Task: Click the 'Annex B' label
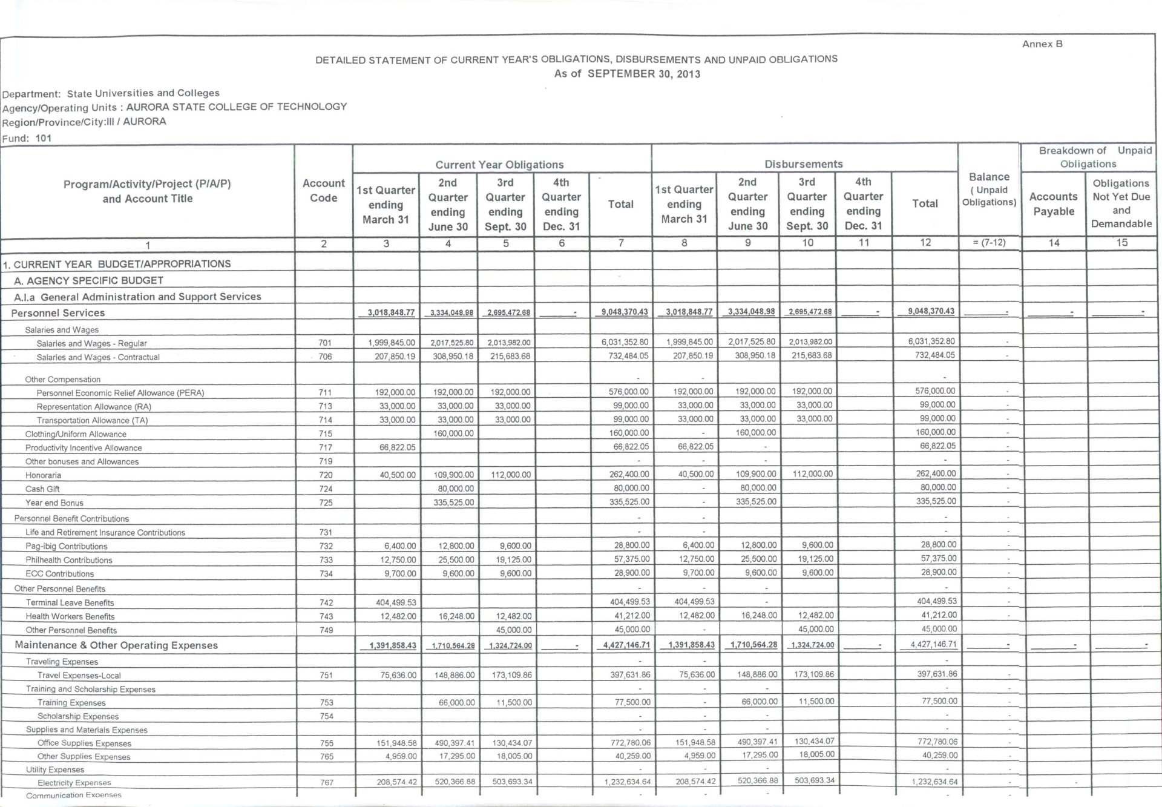pyautogui.click(x=1042, y=44)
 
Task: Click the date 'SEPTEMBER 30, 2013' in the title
pyautogui.click(x=644, y=74)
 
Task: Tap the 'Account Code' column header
pyautogui.click(x=324, y=191)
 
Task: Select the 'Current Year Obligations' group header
pyautogui.click(x=499, y=165)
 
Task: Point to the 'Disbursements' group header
pyautogui.click(x=803, y=164)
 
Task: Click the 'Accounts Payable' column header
pyautogui.click(x=1053, y=204)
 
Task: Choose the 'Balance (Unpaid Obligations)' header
pyautogui.click(x=989, y=189)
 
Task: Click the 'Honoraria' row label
pyautogui.click(x=43, y=475)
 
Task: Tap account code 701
pyautogui.click(x=325, y=343)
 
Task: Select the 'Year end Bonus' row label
pyautogui.click(x=54, y=502)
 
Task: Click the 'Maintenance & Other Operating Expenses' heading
pyautogui.click(x=116, y=645)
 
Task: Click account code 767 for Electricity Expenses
pyautogui.click(x=327, y=782)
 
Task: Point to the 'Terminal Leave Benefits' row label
pyautogui.click(x=70, y=602)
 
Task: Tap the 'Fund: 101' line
pyautogui.click(x=27, y=138)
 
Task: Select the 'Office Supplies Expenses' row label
pyautogui.click(x=84, y=743)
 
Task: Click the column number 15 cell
pyautogui.click(x=1121, y=243)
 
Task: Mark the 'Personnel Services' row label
pyautogui.click(x=58, y=313)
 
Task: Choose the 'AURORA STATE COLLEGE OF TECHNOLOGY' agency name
pyautogui.click(x=237, y=107)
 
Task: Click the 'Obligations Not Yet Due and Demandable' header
pyautogui.click(x=1121, y=203)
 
